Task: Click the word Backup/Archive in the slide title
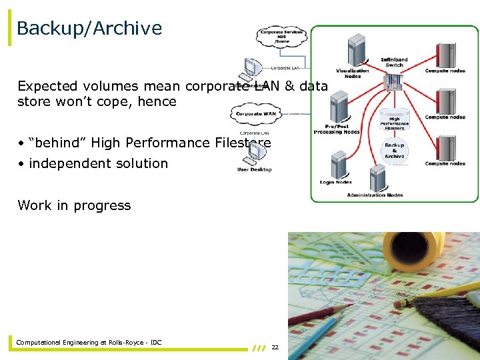pyautogui.click(x=89, y=28)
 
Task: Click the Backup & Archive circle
pyautogui.click(x=394, y=151)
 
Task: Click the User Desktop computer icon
pyautogui.click(x=253, y=154)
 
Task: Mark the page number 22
pyautogui.click(x=275, y=347)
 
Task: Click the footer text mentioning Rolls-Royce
pyautogui.click(x=89, y=343)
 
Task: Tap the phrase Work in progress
pyautogui.click(x=74, y=205)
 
